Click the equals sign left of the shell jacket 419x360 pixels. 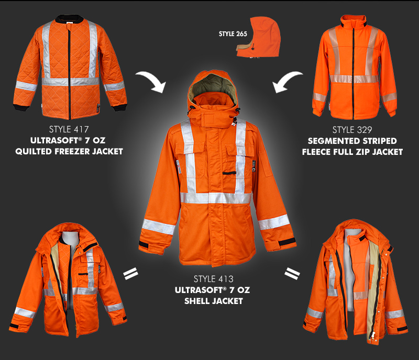pos(130,273)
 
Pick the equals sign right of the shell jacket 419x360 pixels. pos(291,273)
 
